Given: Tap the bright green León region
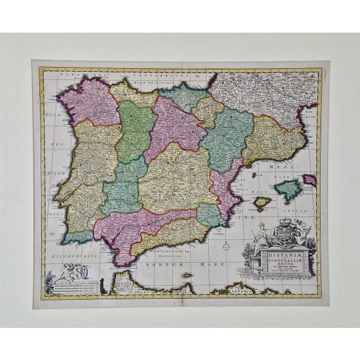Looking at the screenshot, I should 135,129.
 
